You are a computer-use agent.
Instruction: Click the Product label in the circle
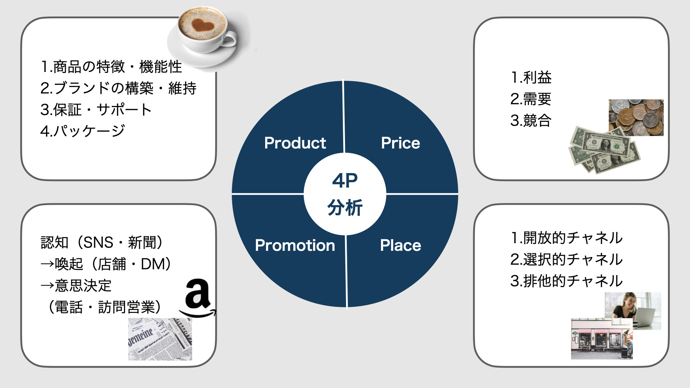(295, 143)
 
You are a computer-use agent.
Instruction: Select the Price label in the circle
(400, 143)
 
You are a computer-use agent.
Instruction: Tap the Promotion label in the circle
(295, 245)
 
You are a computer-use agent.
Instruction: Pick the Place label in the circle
(400, 245)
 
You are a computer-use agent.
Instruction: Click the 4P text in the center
(345, 181)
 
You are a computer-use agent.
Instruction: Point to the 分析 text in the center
(345, 208)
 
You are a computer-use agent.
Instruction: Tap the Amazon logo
(198, 298)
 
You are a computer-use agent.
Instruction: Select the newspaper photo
(160, 339)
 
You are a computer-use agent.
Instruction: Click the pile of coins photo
(636, 117)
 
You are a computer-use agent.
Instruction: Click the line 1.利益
(531, 78)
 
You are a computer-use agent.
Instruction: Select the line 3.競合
(531, 121)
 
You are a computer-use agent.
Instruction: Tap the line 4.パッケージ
(83, 131)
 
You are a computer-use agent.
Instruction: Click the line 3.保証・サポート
(96, 110)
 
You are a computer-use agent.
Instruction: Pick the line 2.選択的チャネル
(566, 259)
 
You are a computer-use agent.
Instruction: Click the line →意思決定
(76, 286)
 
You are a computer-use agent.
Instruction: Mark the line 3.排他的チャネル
(566, 281)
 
